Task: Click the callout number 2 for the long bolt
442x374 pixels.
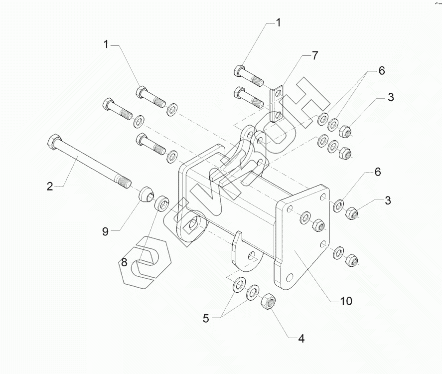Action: [x=50, y=187]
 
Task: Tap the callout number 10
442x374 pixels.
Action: [x=346, y=301]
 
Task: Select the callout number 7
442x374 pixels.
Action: [x=314, y=55]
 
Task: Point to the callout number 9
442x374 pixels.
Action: [x=105, y=231]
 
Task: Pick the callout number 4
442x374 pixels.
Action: [x=301, y=339]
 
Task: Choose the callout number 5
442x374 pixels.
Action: [x=206, y=318]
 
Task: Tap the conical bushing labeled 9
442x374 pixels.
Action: [x=146, y=194]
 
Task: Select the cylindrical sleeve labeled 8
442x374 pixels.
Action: [x=163, y=204]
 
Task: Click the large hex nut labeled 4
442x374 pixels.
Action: [x=268, y=301]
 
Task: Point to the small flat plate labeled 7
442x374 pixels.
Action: [x=277, y=105]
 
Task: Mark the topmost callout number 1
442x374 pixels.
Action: [x=279, y=22]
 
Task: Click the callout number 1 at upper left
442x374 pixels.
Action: [x=106, y=44]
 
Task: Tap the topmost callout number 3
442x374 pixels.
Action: [x=390, y=98]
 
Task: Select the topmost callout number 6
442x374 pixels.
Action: [x=382, y=71]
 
